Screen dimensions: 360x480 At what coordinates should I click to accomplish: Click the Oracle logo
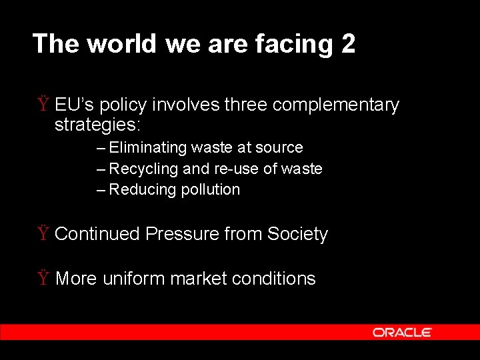click(x=402, y=332)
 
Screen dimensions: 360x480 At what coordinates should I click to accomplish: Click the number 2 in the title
click(x=348, y=44)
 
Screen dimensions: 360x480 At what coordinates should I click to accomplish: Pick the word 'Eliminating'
click(x=147, y=148)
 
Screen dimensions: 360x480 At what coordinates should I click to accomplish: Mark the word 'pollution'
click(x=209, y=190)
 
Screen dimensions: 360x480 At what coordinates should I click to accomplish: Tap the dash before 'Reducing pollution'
click(x=101, y=190)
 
